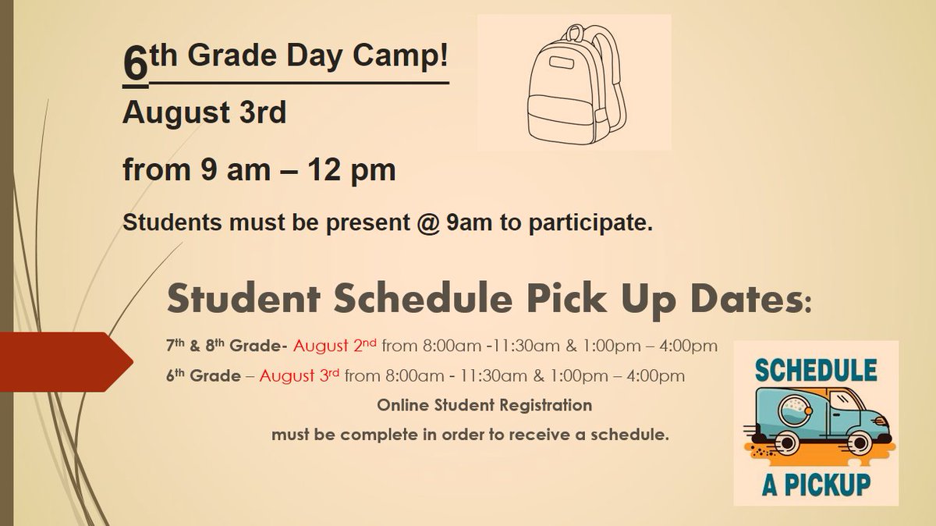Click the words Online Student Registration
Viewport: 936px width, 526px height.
point(484,406)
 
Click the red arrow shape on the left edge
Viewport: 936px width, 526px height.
point(62,361)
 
